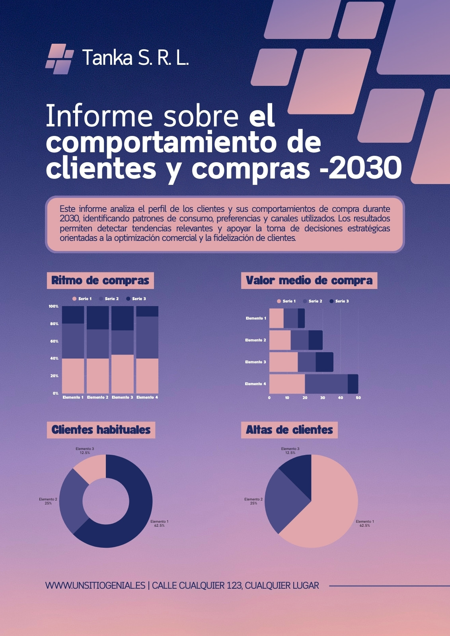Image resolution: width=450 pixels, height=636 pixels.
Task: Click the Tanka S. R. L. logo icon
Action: pos(60,59)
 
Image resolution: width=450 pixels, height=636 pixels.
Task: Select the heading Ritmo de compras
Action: pos(100,281)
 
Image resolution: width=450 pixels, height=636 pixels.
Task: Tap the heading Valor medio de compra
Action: pos(309,281)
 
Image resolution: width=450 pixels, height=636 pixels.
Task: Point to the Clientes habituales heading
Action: pos(101,430)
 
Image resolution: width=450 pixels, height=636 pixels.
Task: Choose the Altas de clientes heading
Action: pos(289,430)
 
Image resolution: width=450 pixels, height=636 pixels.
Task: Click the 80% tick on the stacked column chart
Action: pos(53,324)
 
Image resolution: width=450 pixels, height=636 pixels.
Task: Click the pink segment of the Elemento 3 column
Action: pos(123,374)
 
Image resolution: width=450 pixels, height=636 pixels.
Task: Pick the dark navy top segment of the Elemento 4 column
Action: pos(147,311)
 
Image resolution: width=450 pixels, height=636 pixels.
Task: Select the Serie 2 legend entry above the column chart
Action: pos(109,299)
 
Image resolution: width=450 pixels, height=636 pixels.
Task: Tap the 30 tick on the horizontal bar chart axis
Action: pos(323,398)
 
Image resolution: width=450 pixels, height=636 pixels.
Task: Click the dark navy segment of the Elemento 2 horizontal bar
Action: pos(316,340)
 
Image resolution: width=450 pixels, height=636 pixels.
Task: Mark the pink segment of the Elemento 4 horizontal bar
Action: pos(287,384)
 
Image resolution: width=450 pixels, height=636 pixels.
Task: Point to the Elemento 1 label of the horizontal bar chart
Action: pos(256,318)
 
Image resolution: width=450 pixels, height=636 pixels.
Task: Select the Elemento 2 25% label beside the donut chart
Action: pos(48,501)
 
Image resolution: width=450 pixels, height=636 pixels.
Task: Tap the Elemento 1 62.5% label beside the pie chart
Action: pos(365,523)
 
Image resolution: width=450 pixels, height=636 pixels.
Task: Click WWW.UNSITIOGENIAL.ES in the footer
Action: pos(95,586)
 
